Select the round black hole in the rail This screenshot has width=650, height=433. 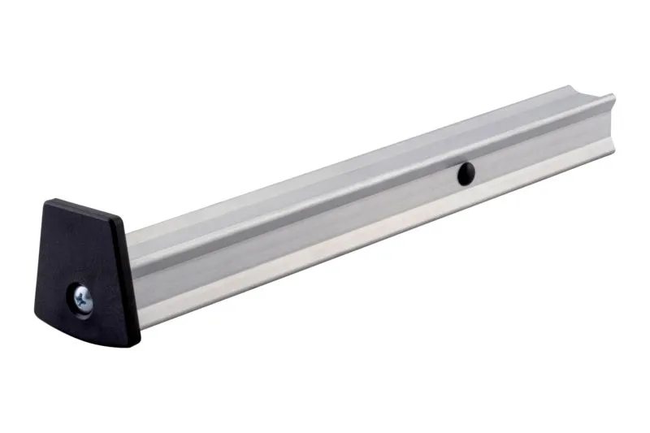point(466,171)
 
